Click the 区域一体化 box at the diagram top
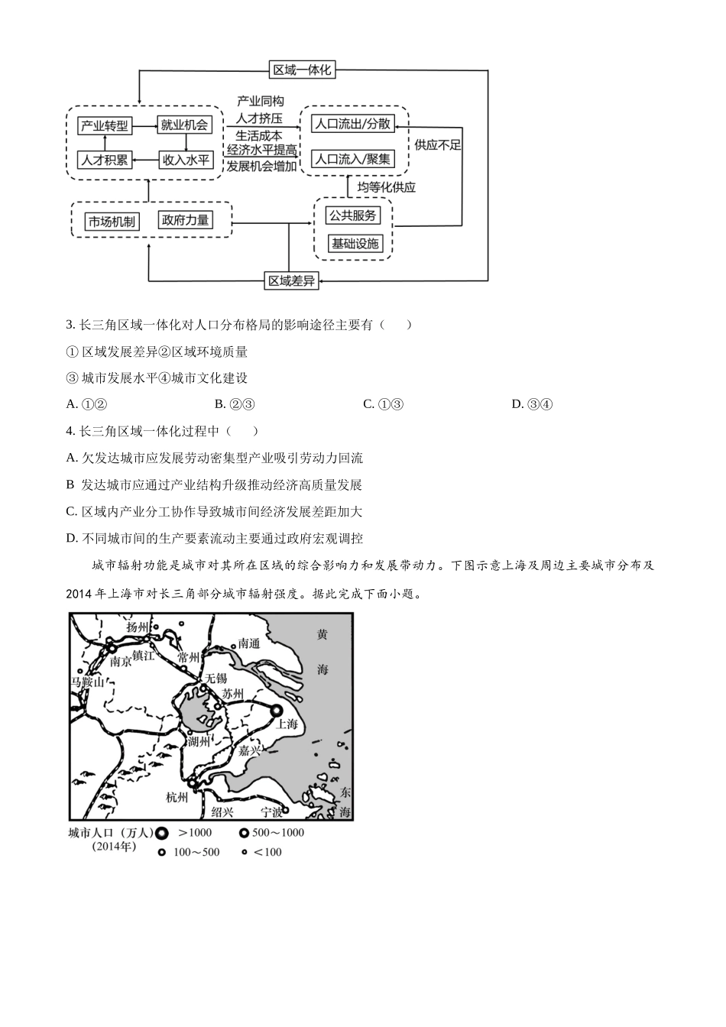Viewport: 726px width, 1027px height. [x=303, y=70]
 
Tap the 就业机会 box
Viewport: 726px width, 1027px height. [x=184, y=125]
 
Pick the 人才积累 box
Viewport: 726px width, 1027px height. [x=105, y=160]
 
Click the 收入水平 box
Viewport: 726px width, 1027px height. [x=184, y=160]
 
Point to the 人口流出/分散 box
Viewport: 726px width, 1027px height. [x=353, y=124]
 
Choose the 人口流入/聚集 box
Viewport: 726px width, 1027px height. [x=353, y=159]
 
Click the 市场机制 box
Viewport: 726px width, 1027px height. [x=112, y=222]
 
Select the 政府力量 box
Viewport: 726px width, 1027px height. [x=185, y=220]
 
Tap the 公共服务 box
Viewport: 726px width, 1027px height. [x=352, y=215]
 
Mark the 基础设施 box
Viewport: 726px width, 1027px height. [x=354, y=244]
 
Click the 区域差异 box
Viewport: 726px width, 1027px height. [x=290, y=281]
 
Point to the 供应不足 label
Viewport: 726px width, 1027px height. [x=438, y=144]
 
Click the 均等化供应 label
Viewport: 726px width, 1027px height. [x=387, y=186]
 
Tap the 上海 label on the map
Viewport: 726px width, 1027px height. [x=287, y=724]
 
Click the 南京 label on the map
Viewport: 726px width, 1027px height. [x=121, y=662]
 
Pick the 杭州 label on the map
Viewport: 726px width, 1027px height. [x=177, y=797]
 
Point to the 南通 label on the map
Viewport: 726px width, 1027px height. [x=249, y=643]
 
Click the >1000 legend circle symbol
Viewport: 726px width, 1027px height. [x=162, y=833]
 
